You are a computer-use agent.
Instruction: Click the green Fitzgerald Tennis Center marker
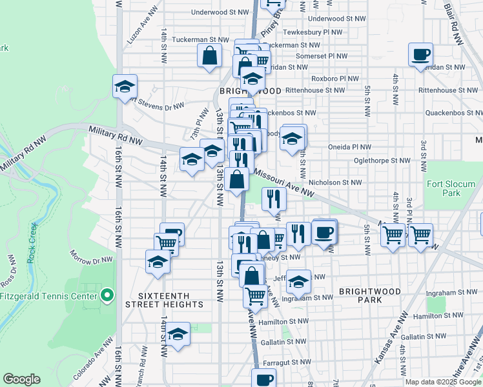[x=108, y=297]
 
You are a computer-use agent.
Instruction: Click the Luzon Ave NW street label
[x=139, y=30]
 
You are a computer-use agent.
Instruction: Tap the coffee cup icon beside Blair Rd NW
[x=420, y=55]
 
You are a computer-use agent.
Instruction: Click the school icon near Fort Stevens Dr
[x=125, y=86]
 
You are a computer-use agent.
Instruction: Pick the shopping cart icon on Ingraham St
[x=255, y=295]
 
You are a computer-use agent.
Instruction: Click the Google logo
[x=21, y=379]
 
